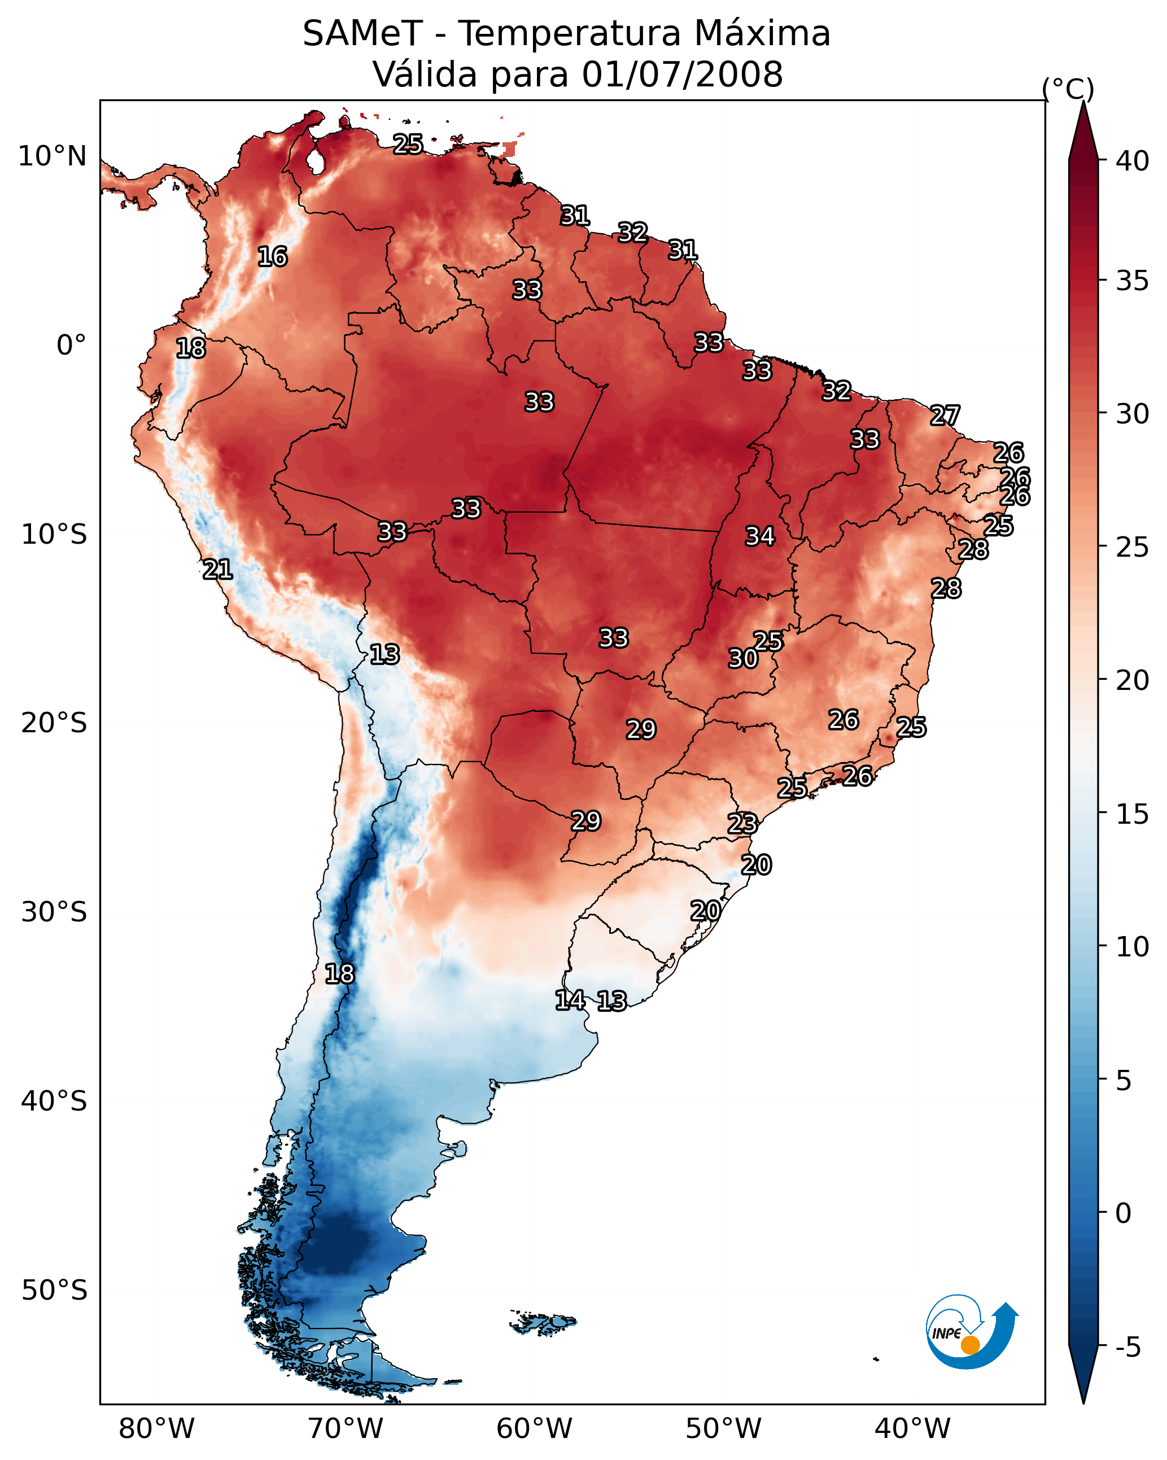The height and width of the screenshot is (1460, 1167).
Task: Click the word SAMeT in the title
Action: [x=362, y=34]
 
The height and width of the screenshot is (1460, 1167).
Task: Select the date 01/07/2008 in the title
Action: [x=682, y=75]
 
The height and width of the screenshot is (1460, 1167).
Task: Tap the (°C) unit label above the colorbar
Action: [x=1068, y=89]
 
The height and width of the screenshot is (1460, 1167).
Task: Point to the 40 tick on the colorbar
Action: [x=1133, y=161]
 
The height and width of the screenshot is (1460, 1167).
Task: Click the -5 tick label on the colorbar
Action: [x=1129, y=1347]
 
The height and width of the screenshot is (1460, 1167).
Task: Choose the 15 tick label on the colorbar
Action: [x=1133, y=814]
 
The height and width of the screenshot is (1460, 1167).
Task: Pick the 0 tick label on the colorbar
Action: [x=1124, y=1213]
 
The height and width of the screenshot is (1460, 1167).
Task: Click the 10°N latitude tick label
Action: [x=52, y=156]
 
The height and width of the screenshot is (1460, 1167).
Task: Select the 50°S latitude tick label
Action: [x=54, y=1290]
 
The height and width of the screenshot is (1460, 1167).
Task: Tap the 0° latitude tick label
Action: [x=71, y=346]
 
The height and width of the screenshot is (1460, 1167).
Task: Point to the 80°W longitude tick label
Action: [x=156, y=1428]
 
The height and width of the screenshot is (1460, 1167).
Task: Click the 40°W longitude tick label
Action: [x=912, y=1428]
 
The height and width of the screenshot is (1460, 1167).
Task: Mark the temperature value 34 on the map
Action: [x=760, y=536]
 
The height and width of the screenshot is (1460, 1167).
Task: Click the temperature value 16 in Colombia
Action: [x=272, y=257]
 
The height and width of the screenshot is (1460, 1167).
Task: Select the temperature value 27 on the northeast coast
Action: [x=945, y=415]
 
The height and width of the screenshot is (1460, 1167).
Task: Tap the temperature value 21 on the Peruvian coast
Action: [x=217, y=570]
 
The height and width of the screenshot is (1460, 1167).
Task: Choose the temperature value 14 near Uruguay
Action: [x=570, y=1000]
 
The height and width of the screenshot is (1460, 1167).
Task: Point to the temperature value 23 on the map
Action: [x=742, y=824]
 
